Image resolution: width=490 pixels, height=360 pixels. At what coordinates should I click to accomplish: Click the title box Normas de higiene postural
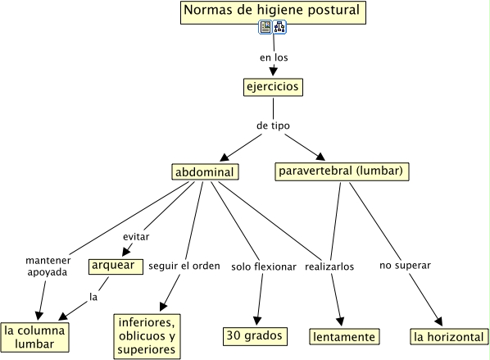click(273, 12)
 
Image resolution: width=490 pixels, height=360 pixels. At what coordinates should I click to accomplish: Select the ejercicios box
click(273, 87)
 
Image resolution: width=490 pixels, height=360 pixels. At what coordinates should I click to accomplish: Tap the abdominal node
click(205, 171)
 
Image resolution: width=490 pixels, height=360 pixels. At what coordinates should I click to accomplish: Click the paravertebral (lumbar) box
click(342, 171)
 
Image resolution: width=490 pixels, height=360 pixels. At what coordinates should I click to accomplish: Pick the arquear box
click(116, 267)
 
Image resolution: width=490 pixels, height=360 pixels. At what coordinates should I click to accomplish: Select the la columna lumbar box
click(34, 337)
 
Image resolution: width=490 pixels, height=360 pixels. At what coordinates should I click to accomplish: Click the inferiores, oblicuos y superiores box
click(147, 336)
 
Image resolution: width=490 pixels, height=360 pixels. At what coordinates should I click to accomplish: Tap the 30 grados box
click(255, 336)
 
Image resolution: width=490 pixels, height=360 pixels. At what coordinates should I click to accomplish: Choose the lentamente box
click(344, 336)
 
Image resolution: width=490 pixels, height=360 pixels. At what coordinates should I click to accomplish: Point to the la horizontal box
click(449, 336)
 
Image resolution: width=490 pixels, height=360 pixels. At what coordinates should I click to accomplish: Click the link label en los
click(274, 57)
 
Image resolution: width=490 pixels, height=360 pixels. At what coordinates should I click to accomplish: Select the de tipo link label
click(273, 125)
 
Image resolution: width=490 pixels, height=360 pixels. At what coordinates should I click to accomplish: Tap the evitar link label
click(136, 237)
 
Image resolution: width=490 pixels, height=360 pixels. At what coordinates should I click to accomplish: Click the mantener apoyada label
click(48, 267)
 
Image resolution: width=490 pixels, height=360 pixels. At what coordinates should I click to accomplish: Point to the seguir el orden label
click(184, 266)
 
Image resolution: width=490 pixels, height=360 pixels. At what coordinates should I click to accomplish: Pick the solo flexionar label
click(264, 267)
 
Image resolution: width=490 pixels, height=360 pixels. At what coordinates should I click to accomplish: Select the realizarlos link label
click(329, 267)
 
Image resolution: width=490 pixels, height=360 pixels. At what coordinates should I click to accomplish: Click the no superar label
click(405, 266)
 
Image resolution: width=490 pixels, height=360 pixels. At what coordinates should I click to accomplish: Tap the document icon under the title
click(265, 27)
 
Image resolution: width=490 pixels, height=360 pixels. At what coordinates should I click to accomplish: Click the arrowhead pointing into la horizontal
click(439, 321)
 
